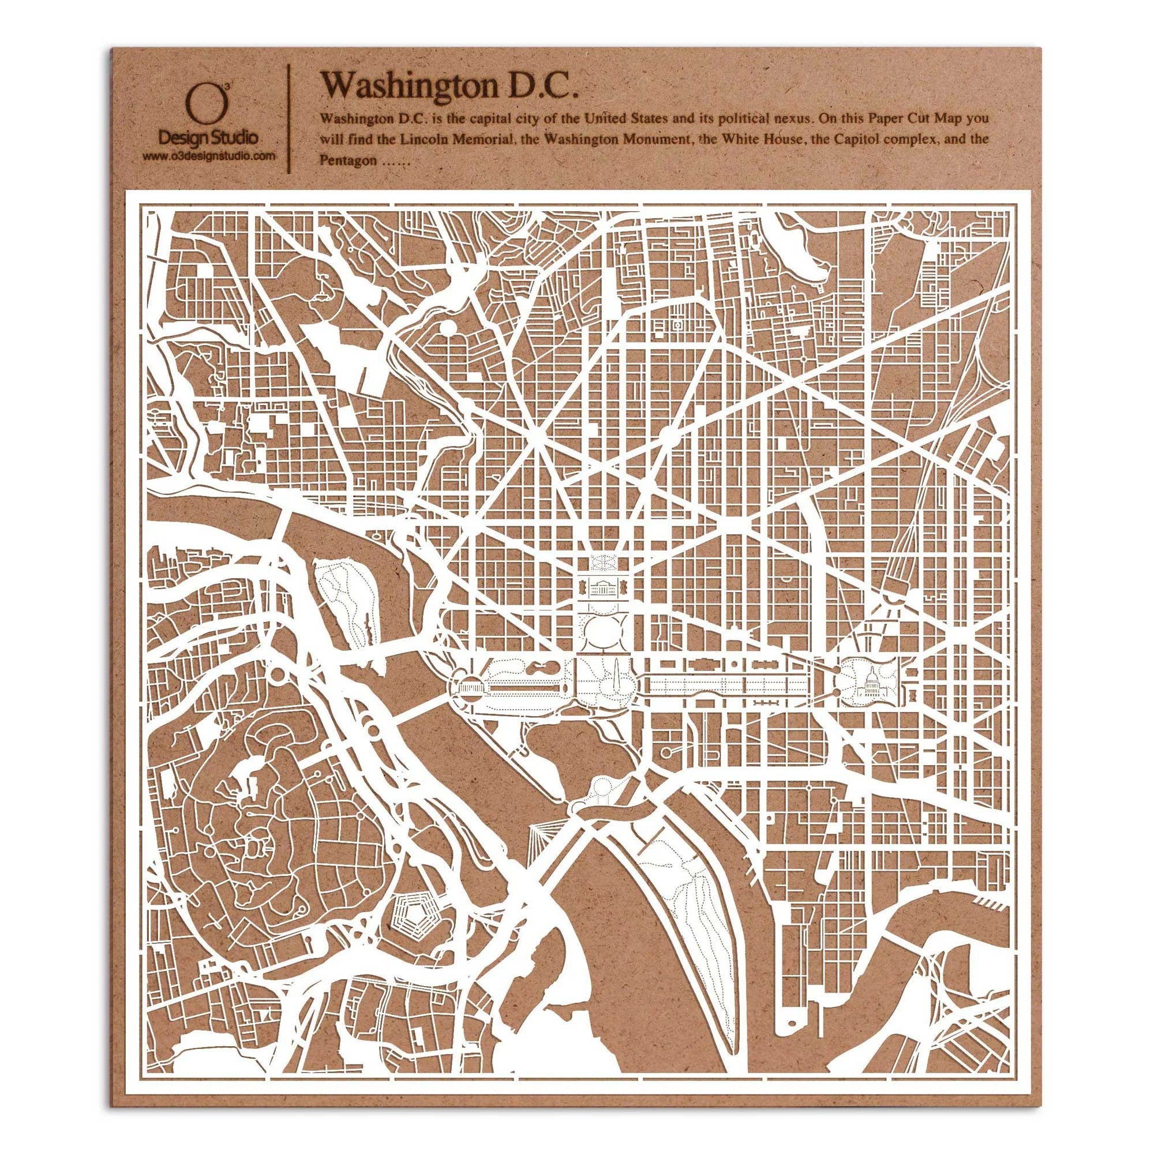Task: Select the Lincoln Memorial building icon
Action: pos(463,689)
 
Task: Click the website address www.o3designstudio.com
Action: pos(208,156)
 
